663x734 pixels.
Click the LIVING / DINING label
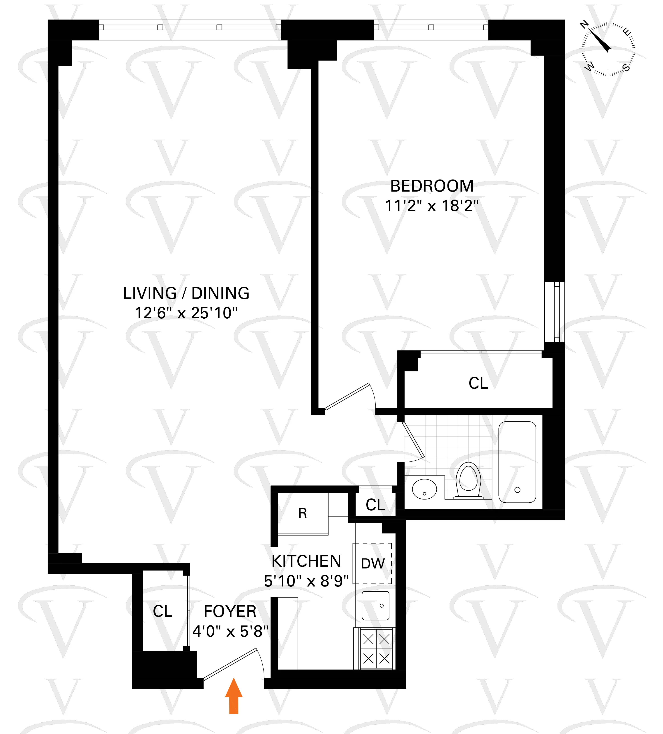186,293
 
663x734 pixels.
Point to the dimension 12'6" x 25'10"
186,313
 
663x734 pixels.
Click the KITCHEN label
306,561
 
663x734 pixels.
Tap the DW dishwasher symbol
373,564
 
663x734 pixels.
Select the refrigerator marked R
303,513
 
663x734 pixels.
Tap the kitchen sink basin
375,606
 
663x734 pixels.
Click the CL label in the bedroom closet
478,383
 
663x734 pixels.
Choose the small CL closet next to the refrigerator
375,505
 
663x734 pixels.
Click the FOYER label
230,611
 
